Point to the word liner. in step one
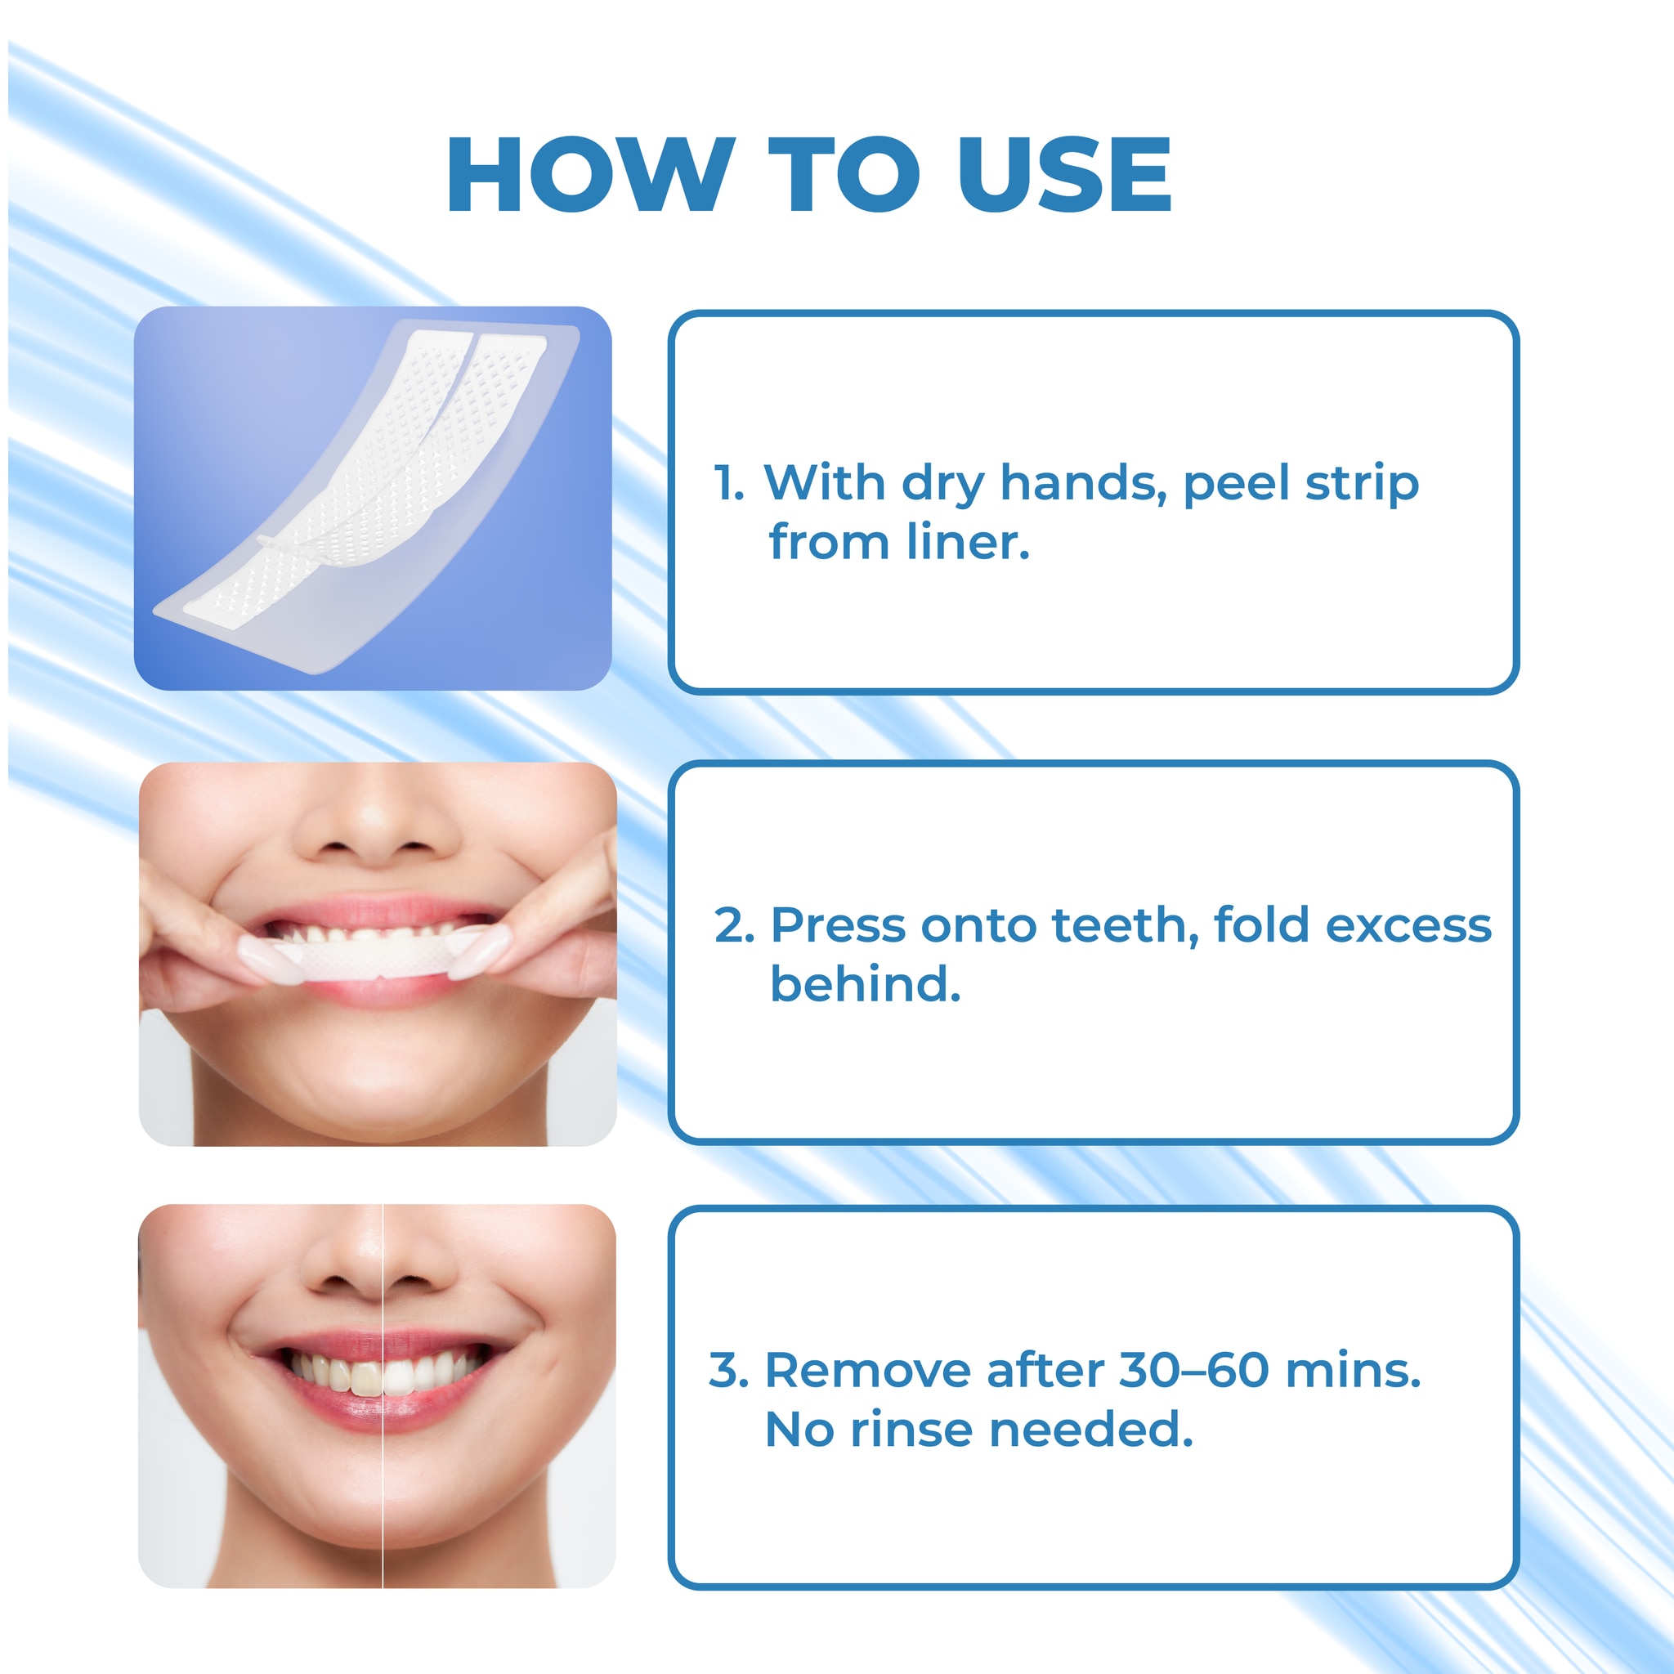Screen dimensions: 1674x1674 969,543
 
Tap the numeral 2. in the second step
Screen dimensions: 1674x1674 735,925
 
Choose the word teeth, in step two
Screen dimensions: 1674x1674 1126,925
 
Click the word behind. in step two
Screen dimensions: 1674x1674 866,984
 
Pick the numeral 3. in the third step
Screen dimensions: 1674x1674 730,1371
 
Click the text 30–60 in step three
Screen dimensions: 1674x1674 1195,1371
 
